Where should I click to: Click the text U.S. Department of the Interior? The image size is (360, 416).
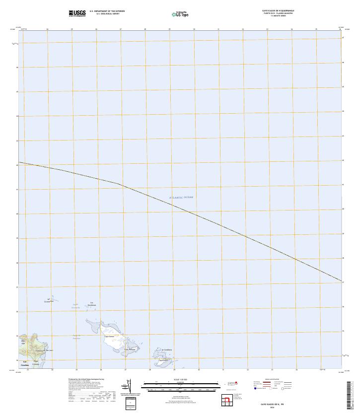coord(107,10)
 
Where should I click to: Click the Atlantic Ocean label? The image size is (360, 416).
coord(181,198)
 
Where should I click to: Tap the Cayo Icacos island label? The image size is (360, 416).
coord(109,337)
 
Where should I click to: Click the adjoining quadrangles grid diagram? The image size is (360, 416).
coord(227,400)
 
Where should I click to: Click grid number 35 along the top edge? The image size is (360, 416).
coord(316,29)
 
